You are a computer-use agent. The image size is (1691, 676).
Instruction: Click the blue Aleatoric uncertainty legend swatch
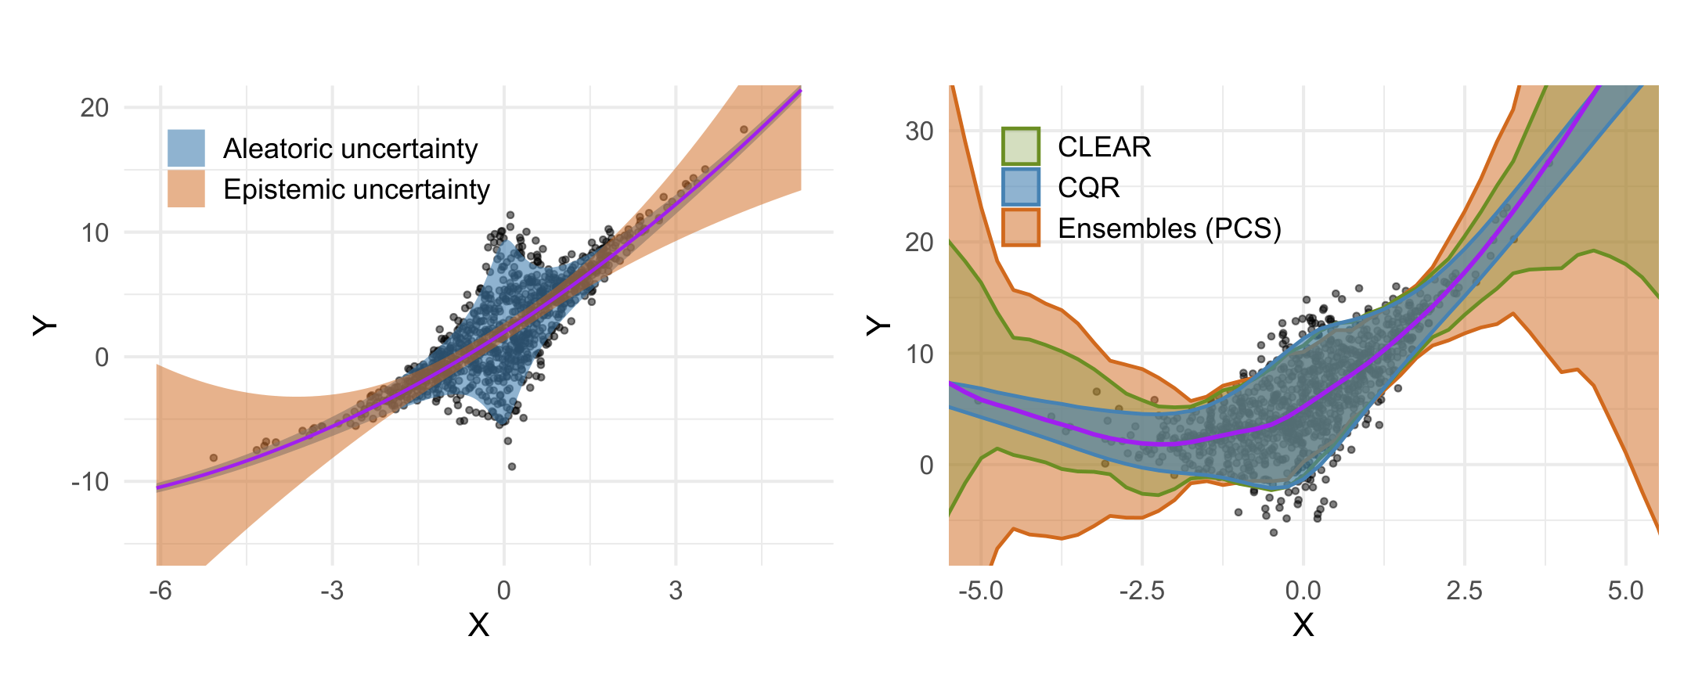pos(186,148)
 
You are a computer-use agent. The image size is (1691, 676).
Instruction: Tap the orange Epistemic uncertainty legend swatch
pos(186,189)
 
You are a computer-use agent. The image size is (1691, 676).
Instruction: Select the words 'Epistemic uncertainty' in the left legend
pos(356,189)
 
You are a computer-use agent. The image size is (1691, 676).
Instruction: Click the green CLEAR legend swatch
pos(1021,146)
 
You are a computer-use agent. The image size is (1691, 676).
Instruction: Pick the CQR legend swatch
pos(1021,187)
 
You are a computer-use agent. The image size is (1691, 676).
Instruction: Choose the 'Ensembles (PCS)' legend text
pos(1170,228)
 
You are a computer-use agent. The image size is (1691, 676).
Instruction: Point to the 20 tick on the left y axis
pos(95,108)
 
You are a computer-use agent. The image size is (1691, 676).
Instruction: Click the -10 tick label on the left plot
pos(90,482)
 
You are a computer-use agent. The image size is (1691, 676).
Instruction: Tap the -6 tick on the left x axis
pos(160,591)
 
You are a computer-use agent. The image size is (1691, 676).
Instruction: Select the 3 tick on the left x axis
pos(676,591)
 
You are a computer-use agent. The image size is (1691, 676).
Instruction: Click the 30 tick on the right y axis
pos(919,131)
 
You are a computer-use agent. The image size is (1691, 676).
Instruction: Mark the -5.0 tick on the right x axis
pos(980,591)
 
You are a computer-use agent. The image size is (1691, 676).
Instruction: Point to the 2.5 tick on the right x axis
pos(1464,591)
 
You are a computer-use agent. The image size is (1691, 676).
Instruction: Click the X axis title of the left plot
pos(478,625)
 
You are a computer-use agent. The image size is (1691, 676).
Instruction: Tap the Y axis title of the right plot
pos(878,325)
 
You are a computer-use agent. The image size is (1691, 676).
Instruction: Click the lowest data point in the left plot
pos(512,466)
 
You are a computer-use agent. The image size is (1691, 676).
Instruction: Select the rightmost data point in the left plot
pos(744,130)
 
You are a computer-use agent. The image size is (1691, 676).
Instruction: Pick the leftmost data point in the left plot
pos(213,458)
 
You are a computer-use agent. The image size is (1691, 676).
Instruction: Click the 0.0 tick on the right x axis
pos(1303,591)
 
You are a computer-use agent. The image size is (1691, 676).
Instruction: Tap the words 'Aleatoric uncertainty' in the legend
pos(350,149)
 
